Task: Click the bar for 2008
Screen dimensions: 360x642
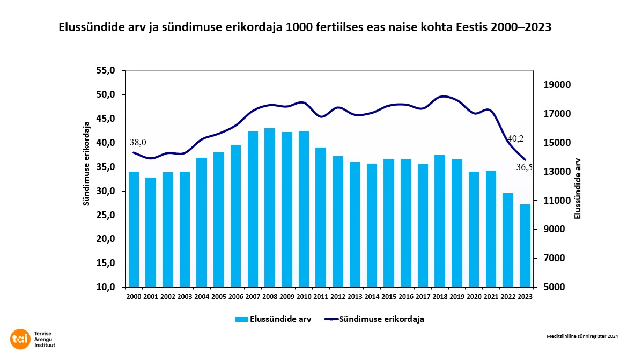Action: click(270, 208)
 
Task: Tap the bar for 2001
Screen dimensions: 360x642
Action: click(151, 232)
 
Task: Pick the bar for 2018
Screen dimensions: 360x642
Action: click(440, 221)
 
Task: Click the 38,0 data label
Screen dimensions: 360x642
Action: click(138, 143)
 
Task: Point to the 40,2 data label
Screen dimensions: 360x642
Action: click(515, 139)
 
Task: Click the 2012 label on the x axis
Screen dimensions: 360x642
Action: click(338, 296)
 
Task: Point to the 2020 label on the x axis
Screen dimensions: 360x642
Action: click(474, 296)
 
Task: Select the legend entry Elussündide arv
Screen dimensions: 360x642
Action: click(273, 319)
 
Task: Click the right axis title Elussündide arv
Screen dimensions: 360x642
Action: click(578, 188)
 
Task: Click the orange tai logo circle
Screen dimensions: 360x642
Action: click(20, 339)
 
